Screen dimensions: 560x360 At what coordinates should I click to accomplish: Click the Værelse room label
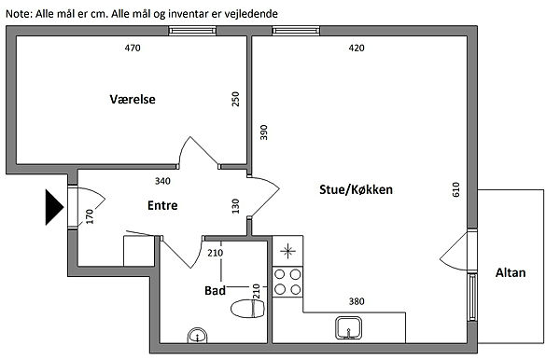click(133, 99)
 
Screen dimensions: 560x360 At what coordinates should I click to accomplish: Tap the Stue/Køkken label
click(356, 189)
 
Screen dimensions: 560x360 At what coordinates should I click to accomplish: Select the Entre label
click(162, 205)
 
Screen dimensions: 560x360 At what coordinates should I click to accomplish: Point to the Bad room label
click(215, 290)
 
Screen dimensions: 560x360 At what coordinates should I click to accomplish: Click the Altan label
click(511, 272)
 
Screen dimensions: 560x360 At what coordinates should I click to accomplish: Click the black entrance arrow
click(54, 207)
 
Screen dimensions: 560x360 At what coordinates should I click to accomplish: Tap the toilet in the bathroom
click(247, 308)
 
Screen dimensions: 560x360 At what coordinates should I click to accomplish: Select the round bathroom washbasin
click(198, 336)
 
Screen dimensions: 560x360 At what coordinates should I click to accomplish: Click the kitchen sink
click(348, 328)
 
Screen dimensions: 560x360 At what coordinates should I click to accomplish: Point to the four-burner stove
click(287, 282)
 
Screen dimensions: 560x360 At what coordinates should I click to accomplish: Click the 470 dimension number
click(133, 48)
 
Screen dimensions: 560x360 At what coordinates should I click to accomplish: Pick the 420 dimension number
click(357, 48)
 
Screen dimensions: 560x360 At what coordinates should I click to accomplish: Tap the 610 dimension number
click(456, 189)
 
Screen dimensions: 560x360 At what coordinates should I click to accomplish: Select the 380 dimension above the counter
click(357, 301)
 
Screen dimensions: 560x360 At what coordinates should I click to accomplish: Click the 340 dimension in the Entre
click(162, 181)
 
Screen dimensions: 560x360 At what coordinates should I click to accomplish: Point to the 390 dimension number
click(263, 132)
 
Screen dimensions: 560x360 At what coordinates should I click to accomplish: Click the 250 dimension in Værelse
click(235, 99)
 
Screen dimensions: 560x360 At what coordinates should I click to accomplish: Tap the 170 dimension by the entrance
click(90, 216)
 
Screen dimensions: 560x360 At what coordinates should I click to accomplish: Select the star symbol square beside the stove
click(287, 251)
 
